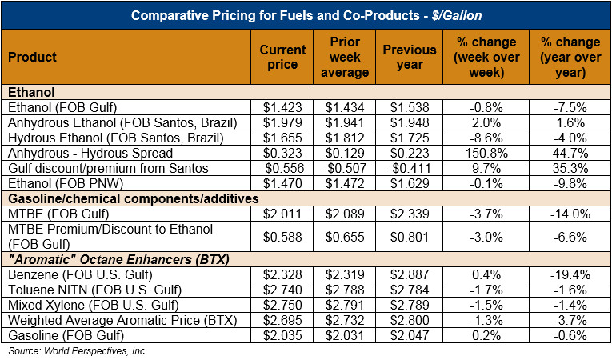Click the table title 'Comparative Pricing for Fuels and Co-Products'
[306, 15]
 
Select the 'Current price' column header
[283, 57]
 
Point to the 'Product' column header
[33, 57]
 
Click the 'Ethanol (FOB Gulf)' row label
[53, 107]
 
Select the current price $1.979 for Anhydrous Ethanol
[283, 122]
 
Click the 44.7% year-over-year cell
[570, 153]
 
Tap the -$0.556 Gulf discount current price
[283, 168]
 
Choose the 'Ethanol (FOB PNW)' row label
[54, 183]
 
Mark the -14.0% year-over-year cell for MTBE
[570, 214]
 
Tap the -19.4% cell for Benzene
[570, 274]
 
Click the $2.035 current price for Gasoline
[283, 335]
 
